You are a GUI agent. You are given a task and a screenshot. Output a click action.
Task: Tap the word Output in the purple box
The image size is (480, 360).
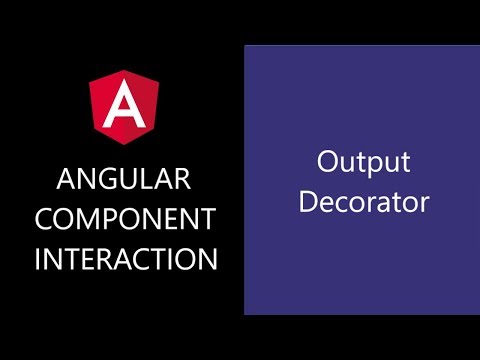(364, 163)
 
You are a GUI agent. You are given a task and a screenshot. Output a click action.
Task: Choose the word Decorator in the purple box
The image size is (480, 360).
(364, 201)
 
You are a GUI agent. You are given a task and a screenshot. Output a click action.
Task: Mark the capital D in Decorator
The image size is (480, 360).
(309, 201)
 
